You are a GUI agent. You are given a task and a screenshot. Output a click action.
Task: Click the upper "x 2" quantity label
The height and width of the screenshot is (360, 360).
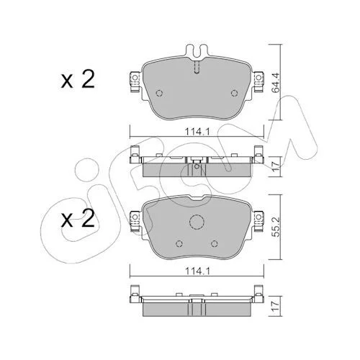(x=78, y=79)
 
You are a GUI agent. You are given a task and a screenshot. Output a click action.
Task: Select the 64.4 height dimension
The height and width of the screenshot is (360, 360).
(x=276, y=83)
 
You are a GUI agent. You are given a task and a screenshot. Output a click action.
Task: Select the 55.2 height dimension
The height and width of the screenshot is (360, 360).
(x=276, y=227)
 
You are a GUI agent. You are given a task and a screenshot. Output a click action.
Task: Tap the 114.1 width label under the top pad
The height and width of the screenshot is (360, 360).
(x=197, y=132)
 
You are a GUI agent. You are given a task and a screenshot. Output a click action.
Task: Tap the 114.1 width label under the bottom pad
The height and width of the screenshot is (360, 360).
(x=197, y=271)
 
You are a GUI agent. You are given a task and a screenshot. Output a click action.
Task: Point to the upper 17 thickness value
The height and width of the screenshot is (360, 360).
(x=276, y=166)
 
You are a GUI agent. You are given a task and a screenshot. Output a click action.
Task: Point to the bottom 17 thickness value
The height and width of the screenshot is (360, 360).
(x=276, y=306)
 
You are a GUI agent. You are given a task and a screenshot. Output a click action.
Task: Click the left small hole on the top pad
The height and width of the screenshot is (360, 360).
(x=159, y=93)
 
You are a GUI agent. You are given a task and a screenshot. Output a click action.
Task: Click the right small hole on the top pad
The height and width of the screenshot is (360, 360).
(x=234, y=93)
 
